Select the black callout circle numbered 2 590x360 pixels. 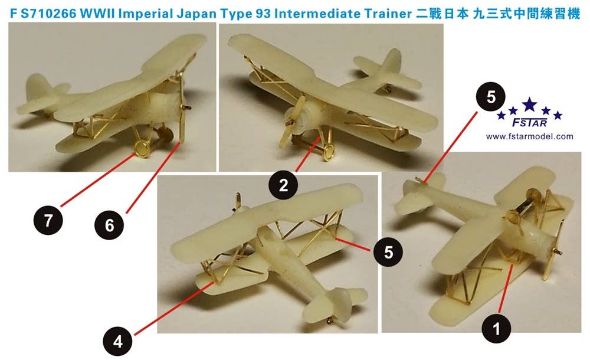[x=283, y=186]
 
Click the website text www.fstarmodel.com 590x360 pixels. [x=529, y=137]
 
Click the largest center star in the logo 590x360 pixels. [x=530, y=106]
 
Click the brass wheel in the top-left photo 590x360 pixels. [x=142, y=149]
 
